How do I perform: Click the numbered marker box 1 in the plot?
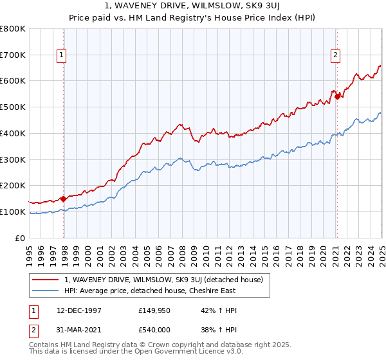tap(61, 56)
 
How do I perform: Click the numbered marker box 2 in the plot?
tap(336, 56)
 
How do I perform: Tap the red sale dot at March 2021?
tap(336, 97)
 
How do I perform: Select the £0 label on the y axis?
tap(20, 238)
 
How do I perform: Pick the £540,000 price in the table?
tap(156, 331)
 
